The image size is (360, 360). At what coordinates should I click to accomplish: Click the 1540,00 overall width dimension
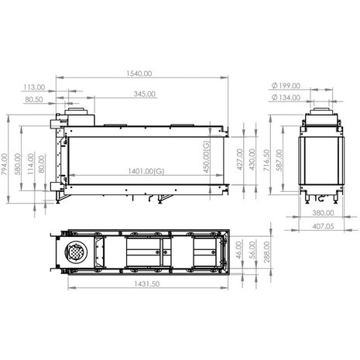[x=141, y=73]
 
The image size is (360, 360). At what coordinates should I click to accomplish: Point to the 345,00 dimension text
[x=144, y=93]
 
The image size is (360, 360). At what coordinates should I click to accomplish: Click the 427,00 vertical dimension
[x=239, y=160]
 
